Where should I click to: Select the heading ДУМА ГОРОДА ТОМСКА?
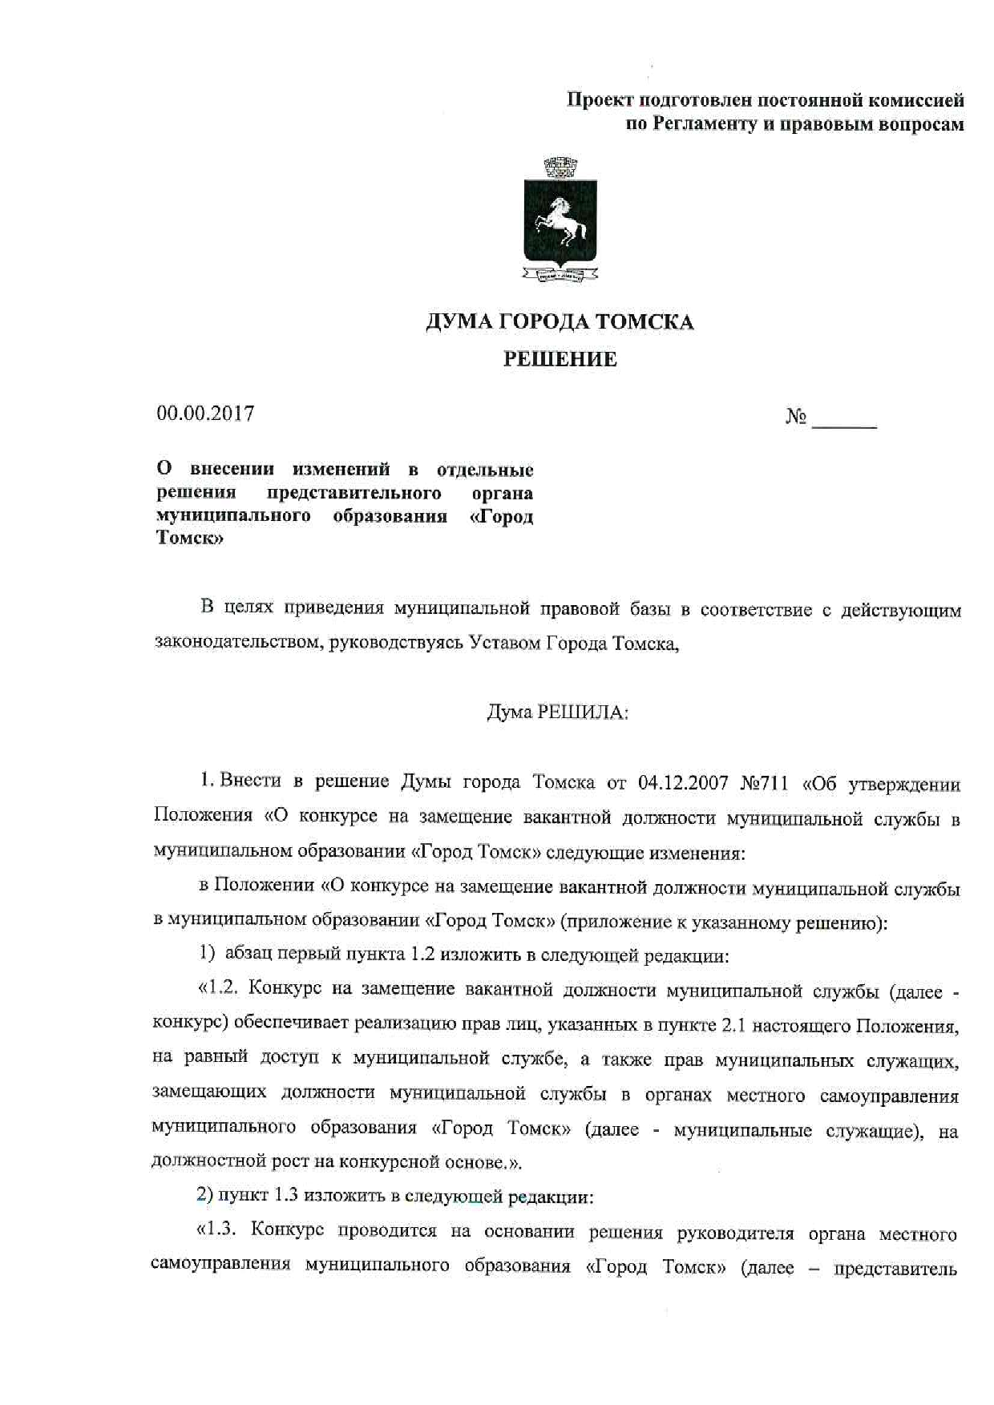click(x=559, y=322)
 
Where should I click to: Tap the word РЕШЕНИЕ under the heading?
click(x=560, y=359)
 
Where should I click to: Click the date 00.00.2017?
click(x=206, y=414)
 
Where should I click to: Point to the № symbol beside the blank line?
click(x=795, y=417)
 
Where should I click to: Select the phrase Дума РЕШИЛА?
click(x=558, y=712)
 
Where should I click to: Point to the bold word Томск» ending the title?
click(x=190, y=539)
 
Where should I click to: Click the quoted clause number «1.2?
click(x=219, y=988)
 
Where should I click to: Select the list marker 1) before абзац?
click(x=207, y=954)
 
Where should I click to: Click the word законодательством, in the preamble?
click(x=237, y=643)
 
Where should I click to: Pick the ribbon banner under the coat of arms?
click(x=560, y=276)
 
